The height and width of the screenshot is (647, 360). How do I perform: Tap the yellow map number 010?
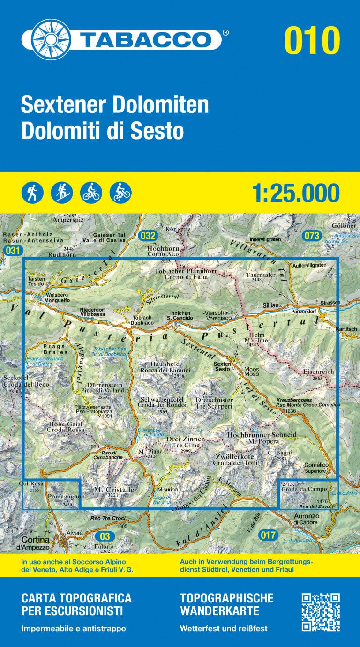pyautogui.click(x=312, y=41)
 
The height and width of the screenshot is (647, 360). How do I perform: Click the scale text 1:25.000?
pyautogui.click(x=295, y=193)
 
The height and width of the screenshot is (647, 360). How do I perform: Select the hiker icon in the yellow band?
pyautogui.click(x=32, y=193)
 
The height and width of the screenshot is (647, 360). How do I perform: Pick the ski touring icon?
pyautogui.click(x=62, y=193)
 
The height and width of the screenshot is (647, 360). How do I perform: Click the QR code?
pyautogui.click(x=320, y=612)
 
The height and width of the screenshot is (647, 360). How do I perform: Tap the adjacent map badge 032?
pyautogui.click(x=147, y=236)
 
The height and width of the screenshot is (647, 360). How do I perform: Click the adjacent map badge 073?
pyautogui.click(x=311, y=236)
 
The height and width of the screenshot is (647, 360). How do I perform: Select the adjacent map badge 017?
pyautogui.click(x=268, y=535)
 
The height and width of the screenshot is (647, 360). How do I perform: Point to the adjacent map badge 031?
pyautogui.click(x=13, y=251)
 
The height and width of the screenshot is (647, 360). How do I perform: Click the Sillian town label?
pyautogui.click(x=270, y=305)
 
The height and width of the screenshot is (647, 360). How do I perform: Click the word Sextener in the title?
pyautogui.click(x=60, y=105)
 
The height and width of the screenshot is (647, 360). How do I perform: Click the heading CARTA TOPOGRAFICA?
pyautogui.click(x=76, y=598)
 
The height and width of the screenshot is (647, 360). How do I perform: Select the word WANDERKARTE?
pyautogui.click(x=219, y=611)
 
